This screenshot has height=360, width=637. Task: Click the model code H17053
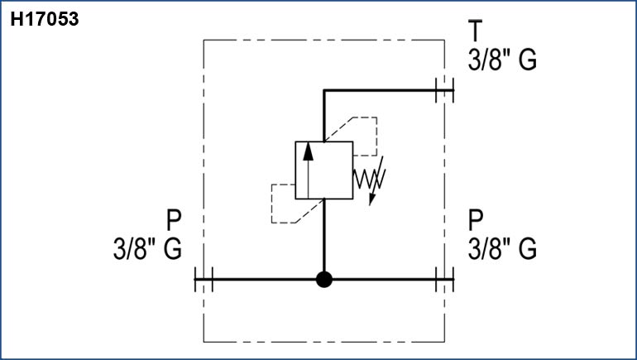(x=44, y=18)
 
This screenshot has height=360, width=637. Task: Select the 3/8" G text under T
(x=503, y=60)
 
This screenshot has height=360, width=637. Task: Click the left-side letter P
(x=174, y=220)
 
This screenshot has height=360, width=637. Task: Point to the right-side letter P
(x=476, y=220)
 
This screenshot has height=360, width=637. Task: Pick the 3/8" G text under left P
(x=148, y=248)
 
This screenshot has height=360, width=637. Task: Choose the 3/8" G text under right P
(x=503, y=248)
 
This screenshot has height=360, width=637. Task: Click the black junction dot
(x=324, y=280)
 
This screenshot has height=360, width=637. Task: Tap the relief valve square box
(x=324, y=170)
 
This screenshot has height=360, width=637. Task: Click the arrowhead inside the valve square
(x=308, y=150)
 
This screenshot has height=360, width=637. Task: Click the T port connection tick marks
(x=444, y=90)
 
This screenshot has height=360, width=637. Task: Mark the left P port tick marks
(x=204, y=280)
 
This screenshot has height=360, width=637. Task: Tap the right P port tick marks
(x=444, y=280)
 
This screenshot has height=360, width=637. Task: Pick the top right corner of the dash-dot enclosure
(x=445, y=40)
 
